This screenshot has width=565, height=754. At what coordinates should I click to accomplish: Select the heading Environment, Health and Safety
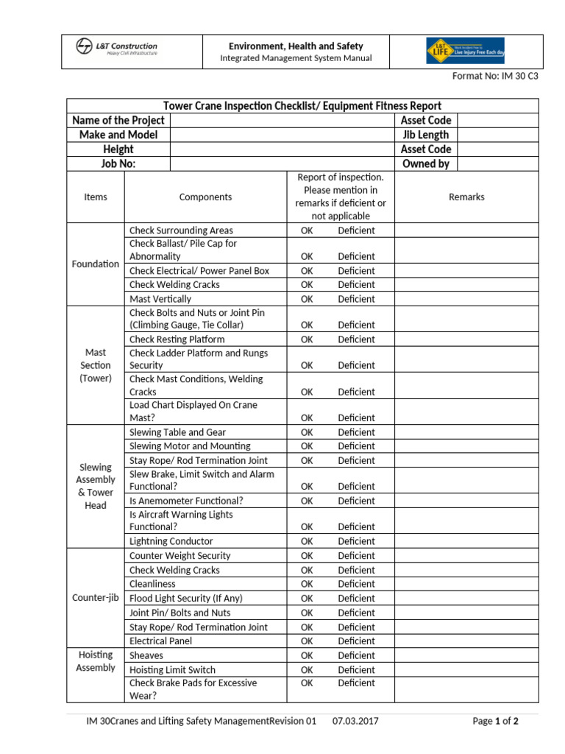click(296, 46)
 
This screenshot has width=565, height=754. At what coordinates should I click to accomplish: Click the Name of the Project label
click(118, 120)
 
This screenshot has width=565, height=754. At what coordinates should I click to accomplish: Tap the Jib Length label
click(425, 135)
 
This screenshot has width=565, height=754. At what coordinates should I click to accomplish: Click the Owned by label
click(425, 164)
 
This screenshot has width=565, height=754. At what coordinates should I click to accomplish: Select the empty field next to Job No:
click(282, 164)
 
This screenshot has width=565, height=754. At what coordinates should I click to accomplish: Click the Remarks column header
click(466, 197)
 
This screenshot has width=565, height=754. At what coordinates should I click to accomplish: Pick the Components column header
click(205, 197)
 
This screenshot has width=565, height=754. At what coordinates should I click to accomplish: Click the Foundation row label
click(96, 264)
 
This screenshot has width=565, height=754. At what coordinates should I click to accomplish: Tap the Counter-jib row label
click(96, 598)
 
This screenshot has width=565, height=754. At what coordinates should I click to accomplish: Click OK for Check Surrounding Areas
click(307, 230)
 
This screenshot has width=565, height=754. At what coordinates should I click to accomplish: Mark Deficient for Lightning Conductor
click(356, 541)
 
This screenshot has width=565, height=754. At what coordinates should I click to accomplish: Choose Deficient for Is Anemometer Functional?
click(356, 501)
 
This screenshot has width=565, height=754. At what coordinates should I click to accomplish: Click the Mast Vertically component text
click(160, 299)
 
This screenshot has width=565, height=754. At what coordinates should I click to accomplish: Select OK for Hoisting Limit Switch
click(307, 670)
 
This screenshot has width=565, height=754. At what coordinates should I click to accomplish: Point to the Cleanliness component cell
click(152, 584)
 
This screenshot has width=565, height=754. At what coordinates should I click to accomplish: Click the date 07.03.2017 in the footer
click(355, 721)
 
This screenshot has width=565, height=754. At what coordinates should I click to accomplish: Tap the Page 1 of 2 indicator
click(495, 721)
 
